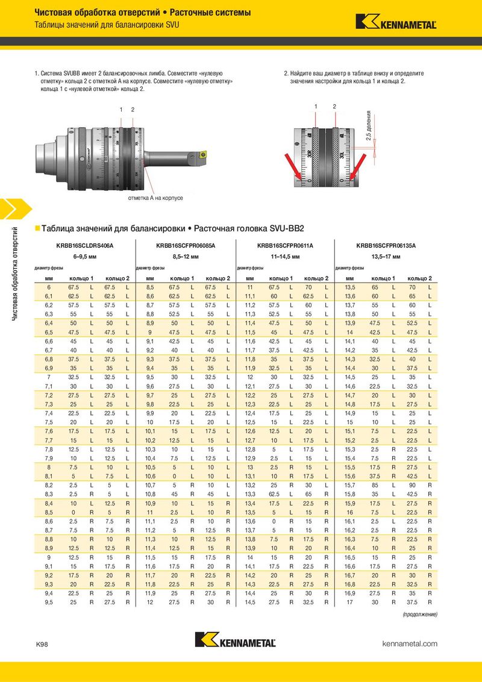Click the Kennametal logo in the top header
pos(396,22)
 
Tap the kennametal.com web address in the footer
pos(410,644)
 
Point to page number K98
pos(42,645)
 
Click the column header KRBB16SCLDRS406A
pos(84,246)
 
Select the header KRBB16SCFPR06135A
pos(386,246)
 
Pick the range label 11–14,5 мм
pos(285,257)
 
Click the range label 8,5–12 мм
pos(185,257)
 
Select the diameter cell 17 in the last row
pos(349,602)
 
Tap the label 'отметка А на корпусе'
pos(155,198)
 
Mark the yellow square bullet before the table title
pos(37,228)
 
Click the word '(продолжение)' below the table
pos(420,614)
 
